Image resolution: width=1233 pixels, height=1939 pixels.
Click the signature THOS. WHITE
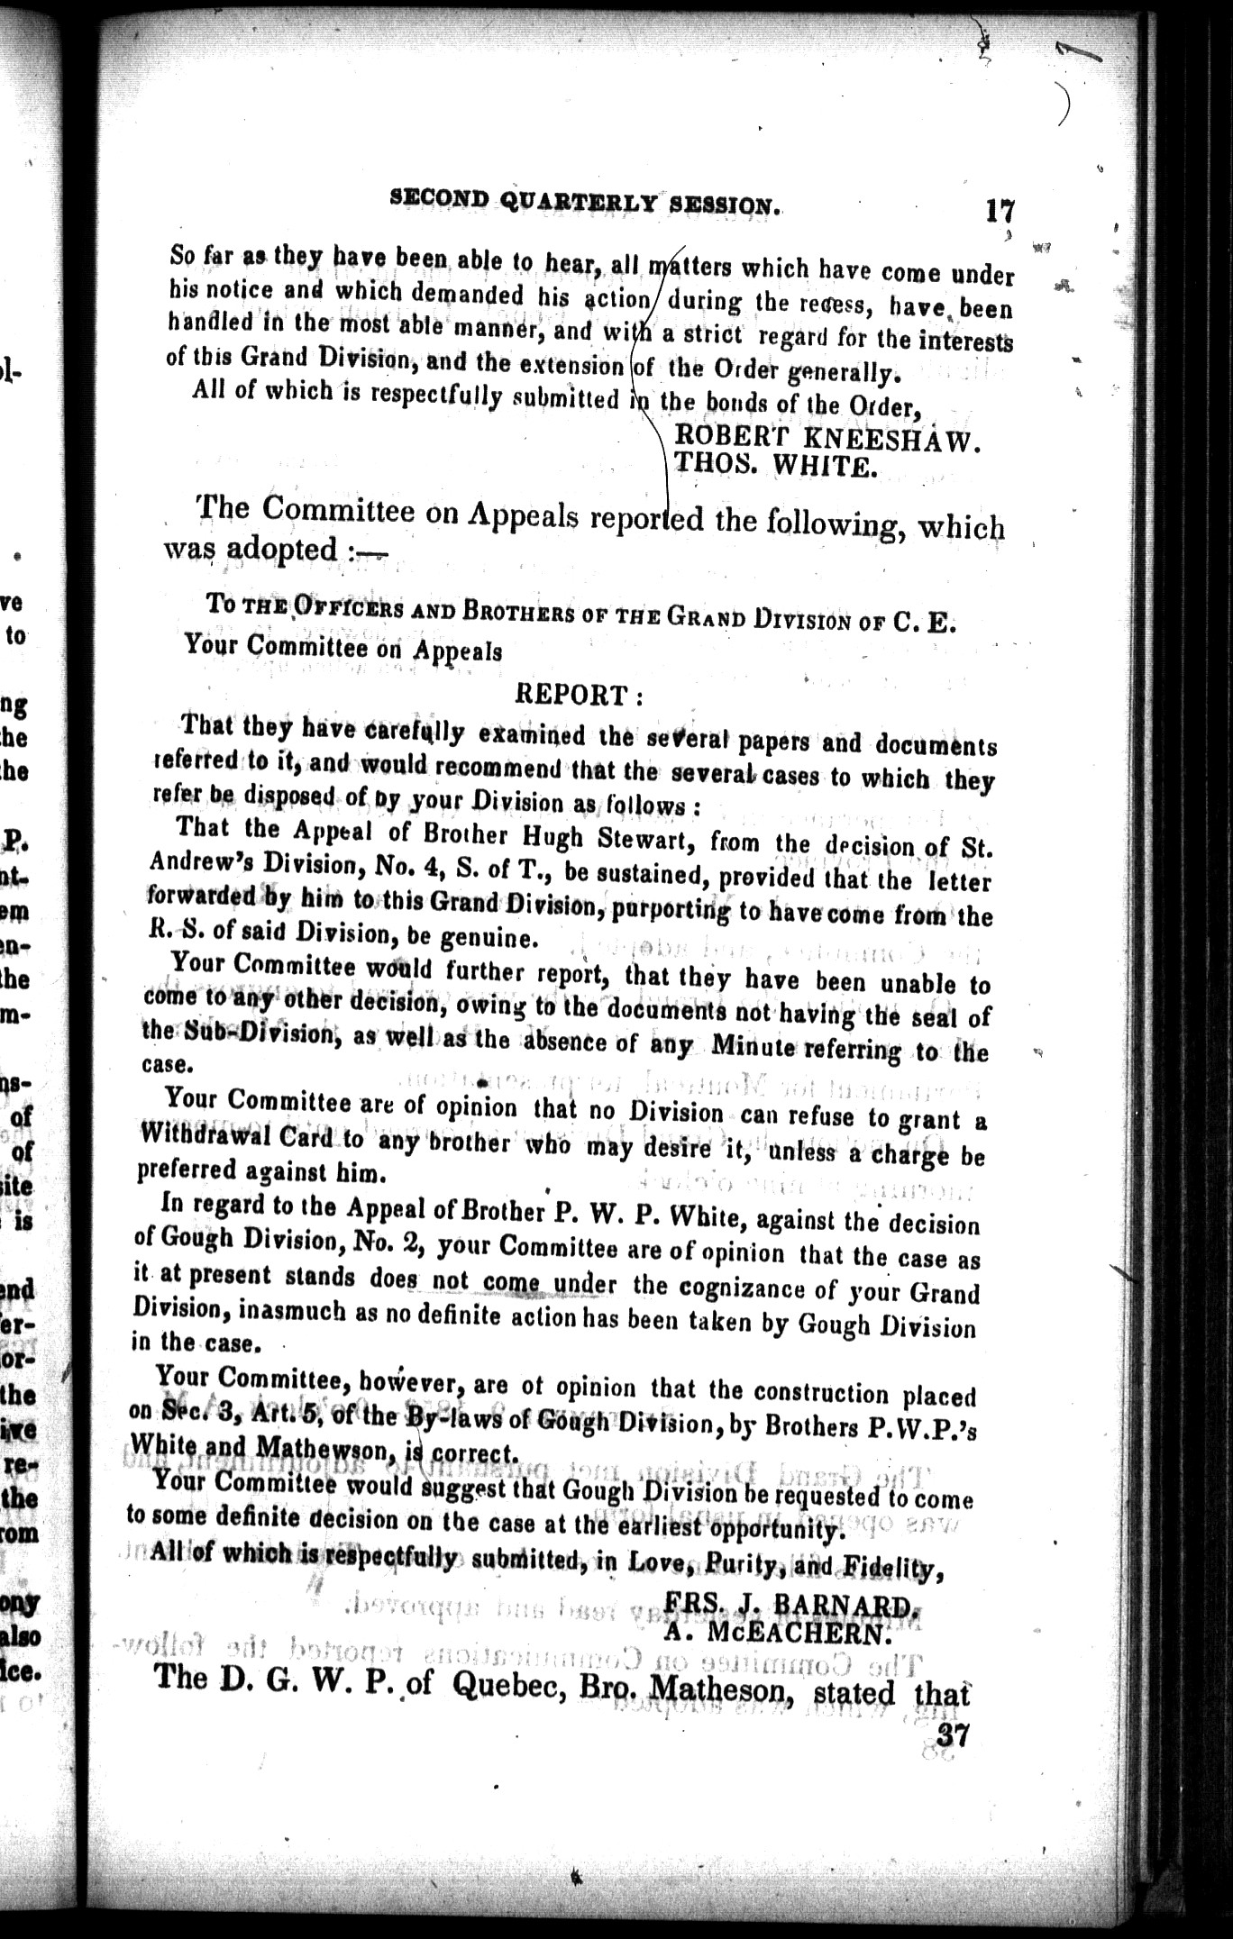(772, 467)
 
